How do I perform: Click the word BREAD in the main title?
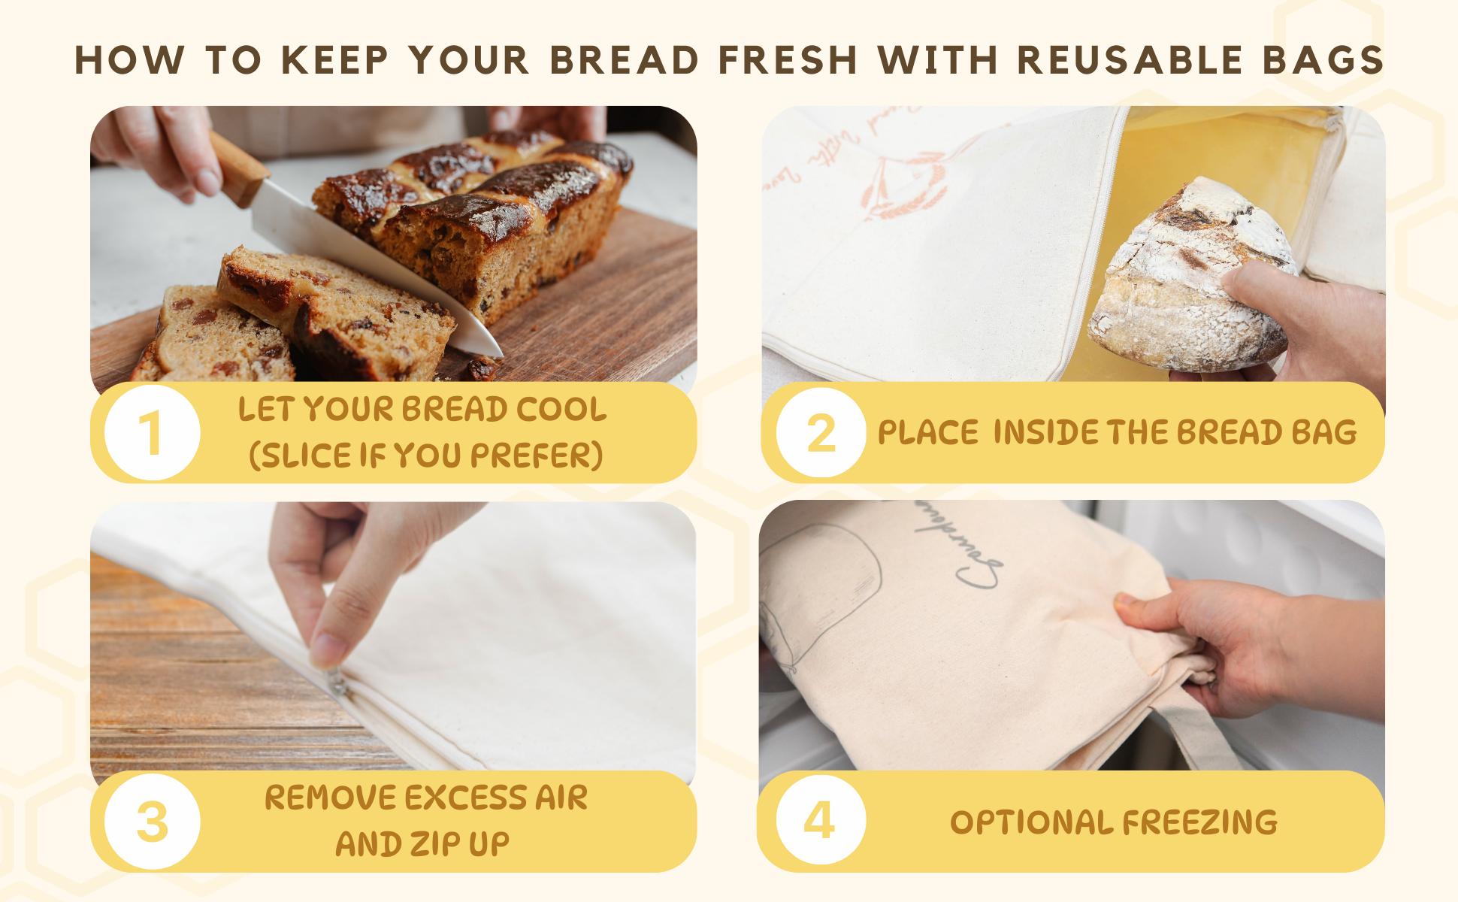pyautogui.click(x=634, y=60)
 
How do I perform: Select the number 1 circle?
pyautogui.click(x=153, y=434)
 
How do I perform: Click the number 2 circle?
pyautogui.click(x=821, y=434)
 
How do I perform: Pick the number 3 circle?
pyautogui.click(x=153, y=822)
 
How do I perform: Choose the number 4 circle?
pyautogui.click(x=819, y=822)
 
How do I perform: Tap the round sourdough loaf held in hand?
pyautogui.click(x=1187, y=278)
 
